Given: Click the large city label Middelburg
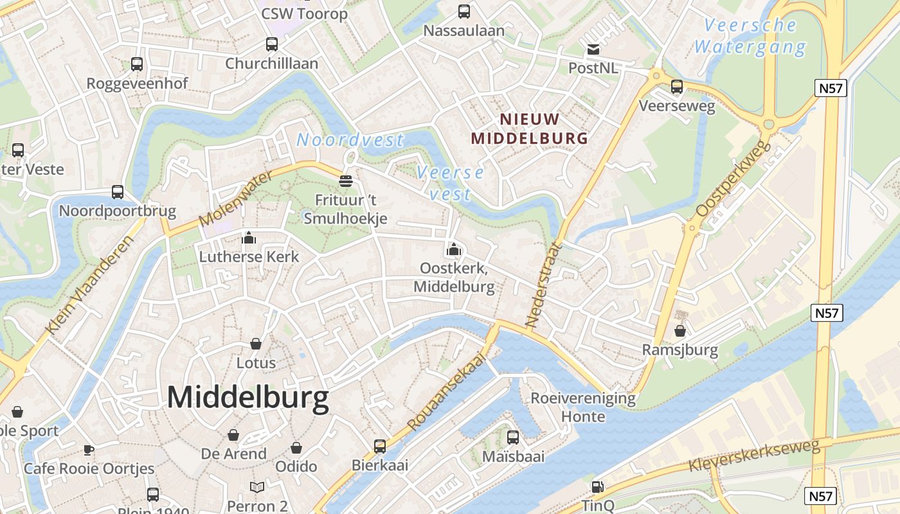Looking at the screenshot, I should pos(248,398).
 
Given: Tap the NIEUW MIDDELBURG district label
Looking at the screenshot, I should pos(529,128).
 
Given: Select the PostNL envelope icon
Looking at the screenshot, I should pos(593,49).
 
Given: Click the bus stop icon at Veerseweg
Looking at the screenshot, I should pos(677,87).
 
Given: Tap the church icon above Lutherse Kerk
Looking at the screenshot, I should pos(249,238).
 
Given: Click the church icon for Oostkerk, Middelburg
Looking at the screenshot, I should pos(454,249).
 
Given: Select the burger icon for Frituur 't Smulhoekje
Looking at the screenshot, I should pos(346,181).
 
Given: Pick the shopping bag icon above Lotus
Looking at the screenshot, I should pos(256,344).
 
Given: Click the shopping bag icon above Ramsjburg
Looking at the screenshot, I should pos(680,332).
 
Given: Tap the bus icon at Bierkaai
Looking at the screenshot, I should pos(380,447).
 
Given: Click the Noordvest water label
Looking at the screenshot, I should pos(350,139).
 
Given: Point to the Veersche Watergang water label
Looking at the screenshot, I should pos(750,36).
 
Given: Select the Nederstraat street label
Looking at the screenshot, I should pos(543,284).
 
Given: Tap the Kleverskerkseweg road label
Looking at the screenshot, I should pos(753,456).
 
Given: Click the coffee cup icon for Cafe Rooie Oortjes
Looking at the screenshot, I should pos(89,450).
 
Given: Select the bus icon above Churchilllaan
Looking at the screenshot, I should pos(272,44).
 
